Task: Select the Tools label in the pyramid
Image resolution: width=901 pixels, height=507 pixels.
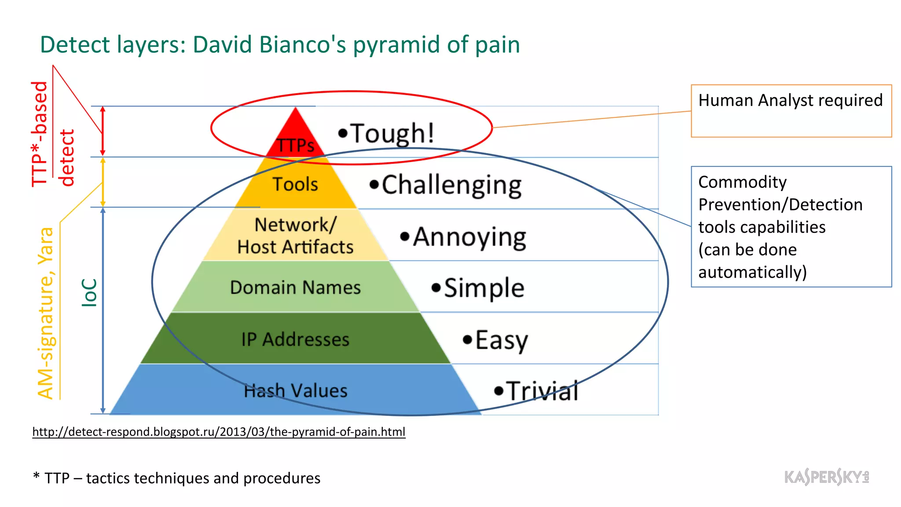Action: [295, 184]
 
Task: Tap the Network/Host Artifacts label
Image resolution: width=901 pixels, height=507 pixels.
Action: [295, 236]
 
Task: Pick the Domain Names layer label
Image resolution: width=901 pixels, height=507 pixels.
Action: [295, 287]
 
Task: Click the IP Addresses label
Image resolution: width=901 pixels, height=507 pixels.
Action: [295, 339]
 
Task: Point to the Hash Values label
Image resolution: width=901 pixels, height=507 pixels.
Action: [295, 391]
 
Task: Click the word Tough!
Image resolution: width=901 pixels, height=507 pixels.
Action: [392, 133]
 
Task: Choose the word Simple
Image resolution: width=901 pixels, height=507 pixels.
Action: [484, 288]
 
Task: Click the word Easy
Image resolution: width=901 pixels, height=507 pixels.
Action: [501, 340]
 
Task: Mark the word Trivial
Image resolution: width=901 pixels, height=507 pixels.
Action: [542, 391]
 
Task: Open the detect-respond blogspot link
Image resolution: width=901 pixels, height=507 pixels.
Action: [219, 432]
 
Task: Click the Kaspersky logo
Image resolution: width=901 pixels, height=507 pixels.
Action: [826, 477]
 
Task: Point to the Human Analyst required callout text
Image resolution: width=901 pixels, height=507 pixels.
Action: [790, 100]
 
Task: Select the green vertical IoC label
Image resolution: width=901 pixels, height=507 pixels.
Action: [89, 292]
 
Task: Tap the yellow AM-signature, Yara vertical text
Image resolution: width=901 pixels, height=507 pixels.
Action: [46, 313]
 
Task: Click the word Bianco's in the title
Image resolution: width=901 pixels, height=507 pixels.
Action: [304, 45]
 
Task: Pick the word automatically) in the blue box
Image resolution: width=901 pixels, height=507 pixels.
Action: [752, 272]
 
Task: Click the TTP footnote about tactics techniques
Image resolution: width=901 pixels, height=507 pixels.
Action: [177, 478]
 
